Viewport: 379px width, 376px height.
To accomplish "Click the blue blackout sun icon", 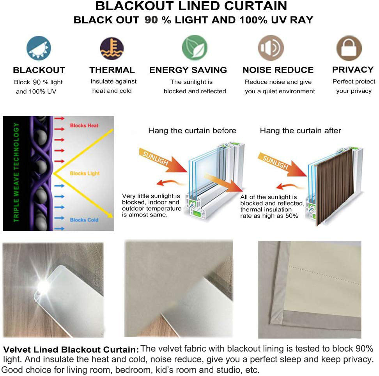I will [x=39, y=49].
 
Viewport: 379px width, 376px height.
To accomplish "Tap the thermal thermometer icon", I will [x=112, y=49].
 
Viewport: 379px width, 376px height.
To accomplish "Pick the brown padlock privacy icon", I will [x=349, y=48].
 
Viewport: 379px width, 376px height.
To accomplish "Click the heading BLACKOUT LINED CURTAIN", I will [x=191, y=6].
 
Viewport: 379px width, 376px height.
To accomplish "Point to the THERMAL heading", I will [x=112, y=70].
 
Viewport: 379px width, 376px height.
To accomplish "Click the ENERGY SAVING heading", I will [x=188, y=70].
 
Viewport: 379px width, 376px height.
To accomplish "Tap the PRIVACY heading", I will [x=352, y=70].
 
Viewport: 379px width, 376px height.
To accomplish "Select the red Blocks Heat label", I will [x=84, y=126].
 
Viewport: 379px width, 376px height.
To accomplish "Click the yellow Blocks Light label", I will [x=85, y=173].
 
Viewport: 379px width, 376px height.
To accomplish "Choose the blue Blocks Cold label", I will [x=84, y=220].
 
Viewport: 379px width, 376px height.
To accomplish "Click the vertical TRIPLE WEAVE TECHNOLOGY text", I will [x=16, y=173].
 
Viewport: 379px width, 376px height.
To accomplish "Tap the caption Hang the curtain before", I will [x=192, y=131].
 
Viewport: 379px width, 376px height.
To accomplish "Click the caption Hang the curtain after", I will [x=300, y=131].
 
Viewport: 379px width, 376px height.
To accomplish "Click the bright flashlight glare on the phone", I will [x=43, y=287].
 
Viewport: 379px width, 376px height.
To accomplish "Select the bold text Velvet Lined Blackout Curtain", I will [x=71, y=349].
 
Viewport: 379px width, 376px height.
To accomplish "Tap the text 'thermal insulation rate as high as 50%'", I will [x=269, y=213].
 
